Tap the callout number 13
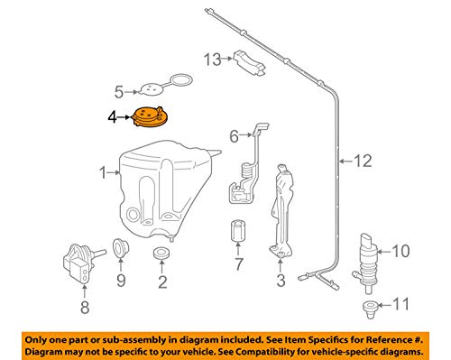pyautogui.click(x=212, y=60)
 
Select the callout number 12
pyautogui.click(x=364, y=162)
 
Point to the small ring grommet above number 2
pyautogui.click(x=161, y=253)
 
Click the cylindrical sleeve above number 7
pyautogui.click(x=238, y=231)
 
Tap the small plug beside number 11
pyautogui.click(x=369, y=308)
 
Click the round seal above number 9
pyautogui.click(x=120, y=247)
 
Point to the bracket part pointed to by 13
pyautogui.click(x=250, y=62)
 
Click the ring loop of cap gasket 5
pyautogui.click(x=181, y=79)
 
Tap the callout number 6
pyautogui.click(x=234, y=136)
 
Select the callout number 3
pyautogui.click(x=281, y=281)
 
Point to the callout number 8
pyautogui.click(x=85, y=308)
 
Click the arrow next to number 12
pyautogui.click(x=346, y=162)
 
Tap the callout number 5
pyautogui.click(x=119, y=92)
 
